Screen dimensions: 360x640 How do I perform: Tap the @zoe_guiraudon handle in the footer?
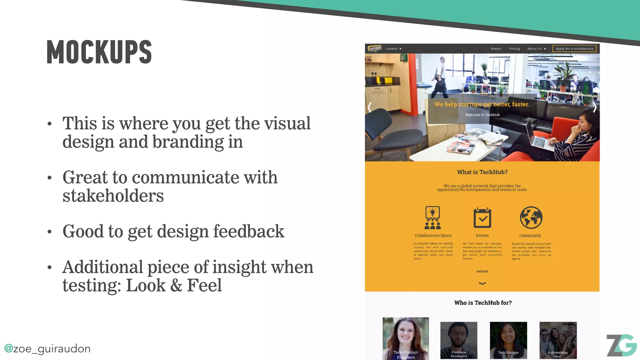click(47, 348)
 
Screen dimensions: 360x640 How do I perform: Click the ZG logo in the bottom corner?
click(621, 345)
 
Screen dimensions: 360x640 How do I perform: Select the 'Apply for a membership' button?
click(574, 48)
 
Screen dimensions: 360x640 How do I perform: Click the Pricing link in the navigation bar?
click(514, 49)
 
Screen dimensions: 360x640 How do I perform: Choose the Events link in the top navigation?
click(496, 49)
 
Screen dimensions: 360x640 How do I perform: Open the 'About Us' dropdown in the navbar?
click(536, 49)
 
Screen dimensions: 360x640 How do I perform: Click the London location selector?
click(393, 49)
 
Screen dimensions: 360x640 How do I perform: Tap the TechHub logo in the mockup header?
click(375, 48)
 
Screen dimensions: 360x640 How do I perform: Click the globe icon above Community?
click(531, 217)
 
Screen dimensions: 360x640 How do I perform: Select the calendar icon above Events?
click(482, 218)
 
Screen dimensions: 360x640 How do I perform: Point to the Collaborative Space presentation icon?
click(432, 218)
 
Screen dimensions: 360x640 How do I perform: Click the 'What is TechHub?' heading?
click(482, 172)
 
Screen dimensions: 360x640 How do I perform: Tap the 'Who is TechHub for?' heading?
click(483, 303)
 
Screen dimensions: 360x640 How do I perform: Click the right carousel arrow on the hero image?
click(594, 107)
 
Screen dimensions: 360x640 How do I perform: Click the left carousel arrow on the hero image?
click(370, 107)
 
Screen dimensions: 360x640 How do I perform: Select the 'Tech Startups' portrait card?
click(508, 340)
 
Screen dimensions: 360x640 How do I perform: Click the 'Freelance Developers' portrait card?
click(458, 340)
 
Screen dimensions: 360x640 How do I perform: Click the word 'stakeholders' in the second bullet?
click(113, 196)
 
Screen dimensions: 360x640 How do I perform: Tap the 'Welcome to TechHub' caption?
click(482, 115)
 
